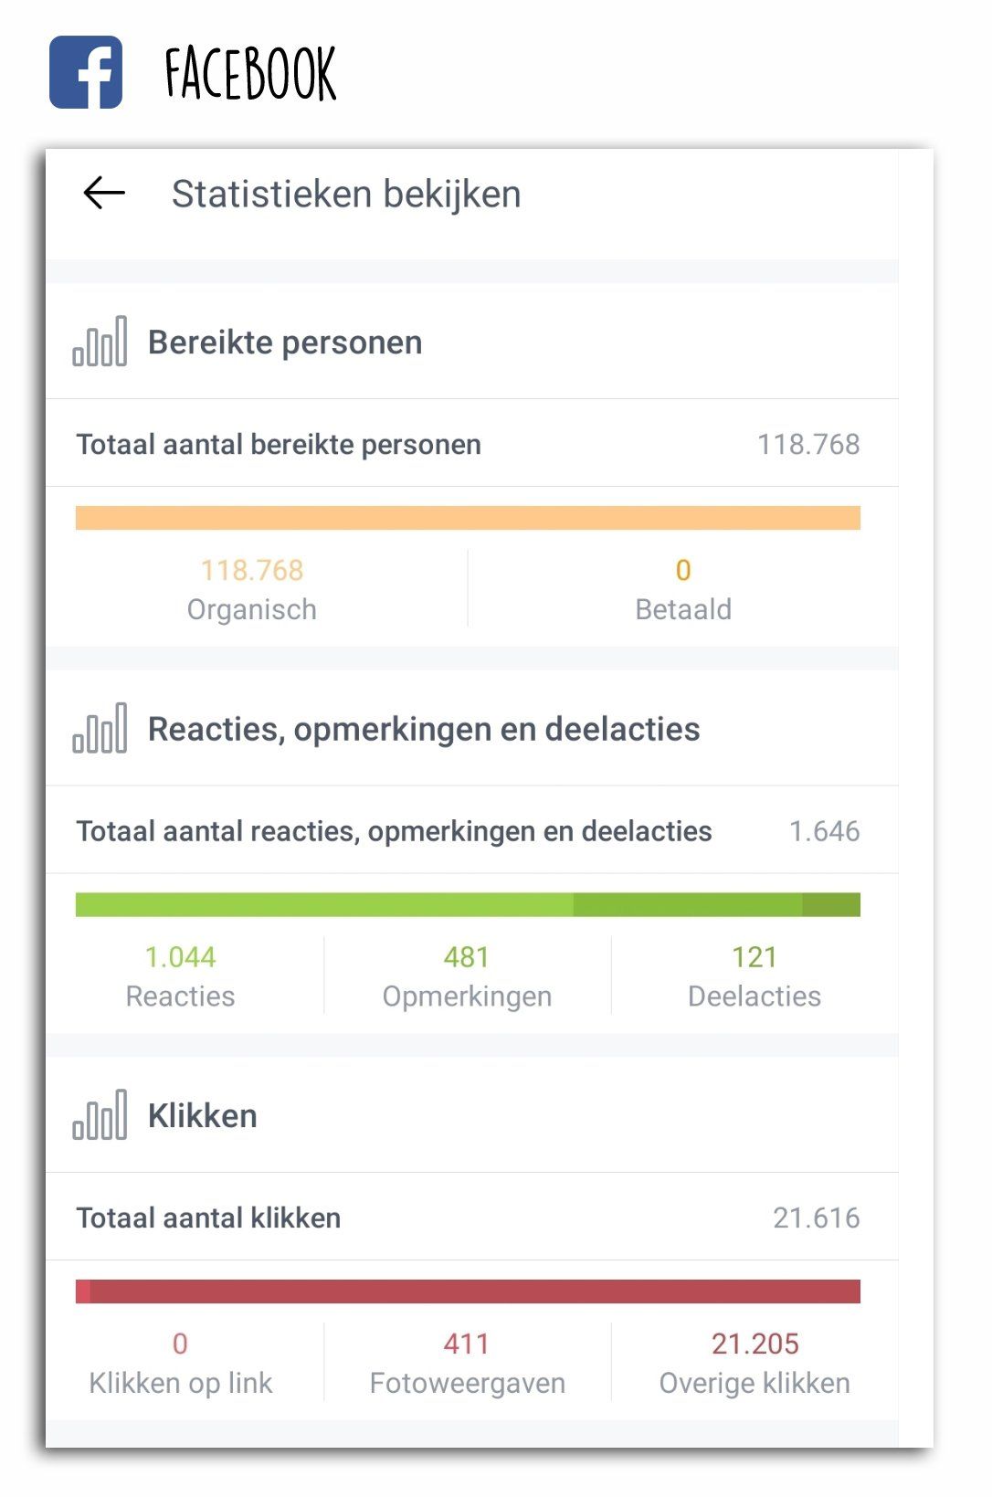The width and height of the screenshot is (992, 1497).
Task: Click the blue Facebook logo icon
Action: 86,72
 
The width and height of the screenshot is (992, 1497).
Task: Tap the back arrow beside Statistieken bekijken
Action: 104,193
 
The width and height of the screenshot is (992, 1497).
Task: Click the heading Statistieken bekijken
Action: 346,195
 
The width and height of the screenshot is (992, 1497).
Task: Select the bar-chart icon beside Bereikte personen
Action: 100,342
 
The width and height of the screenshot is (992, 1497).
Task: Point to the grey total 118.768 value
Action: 808,445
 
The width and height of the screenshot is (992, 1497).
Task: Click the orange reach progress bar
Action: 468,518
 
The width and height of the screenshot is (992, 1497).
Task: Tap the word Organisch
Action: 251,609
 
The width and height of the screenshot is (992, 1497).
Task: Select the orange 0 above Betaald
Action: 683,570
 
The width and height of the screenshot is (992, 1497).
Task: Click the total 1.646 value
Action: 824,831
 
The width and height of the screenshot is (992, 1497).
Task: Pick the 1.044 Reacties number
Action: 180,957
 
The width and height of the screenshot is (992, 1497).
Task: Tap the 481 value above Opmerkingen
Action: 467,957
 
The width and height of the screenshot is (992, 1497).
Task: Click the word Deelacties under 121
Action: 755,996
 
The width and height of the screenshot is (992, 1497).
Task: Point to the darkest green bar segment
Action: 831,905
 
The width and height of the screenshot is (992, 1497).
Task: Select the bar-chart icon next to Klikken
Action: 100,1115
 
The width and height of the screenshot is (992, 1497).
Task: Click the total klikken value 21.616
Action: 816,1218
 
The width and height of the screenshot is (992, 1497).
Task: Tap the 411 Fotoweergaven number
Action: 467,1344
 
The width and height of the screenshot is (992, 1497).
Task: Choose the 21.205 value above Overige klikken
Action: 755,1344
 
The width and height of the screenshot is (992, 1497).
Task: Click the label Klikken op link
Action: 180,1384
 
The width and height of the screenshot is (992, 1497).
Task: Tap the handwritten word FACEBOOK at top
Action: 250,74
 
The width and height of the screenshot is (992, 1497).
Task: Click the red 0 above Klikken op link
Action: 180,1344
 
